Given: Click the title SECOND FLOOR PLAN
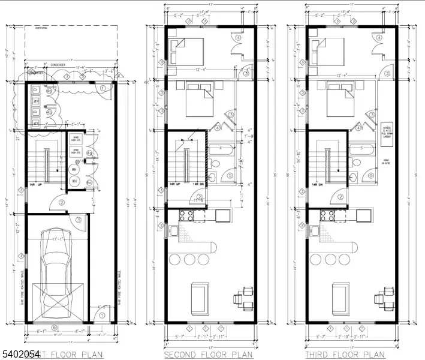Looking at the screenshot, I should [204, 355].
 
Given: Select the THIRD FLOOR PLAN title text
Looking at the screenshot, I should [345, 355].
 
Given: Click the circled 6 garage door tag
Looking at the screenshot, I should [54, 327].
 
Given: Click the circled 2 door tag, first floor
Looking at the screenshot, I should [61, 202].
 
